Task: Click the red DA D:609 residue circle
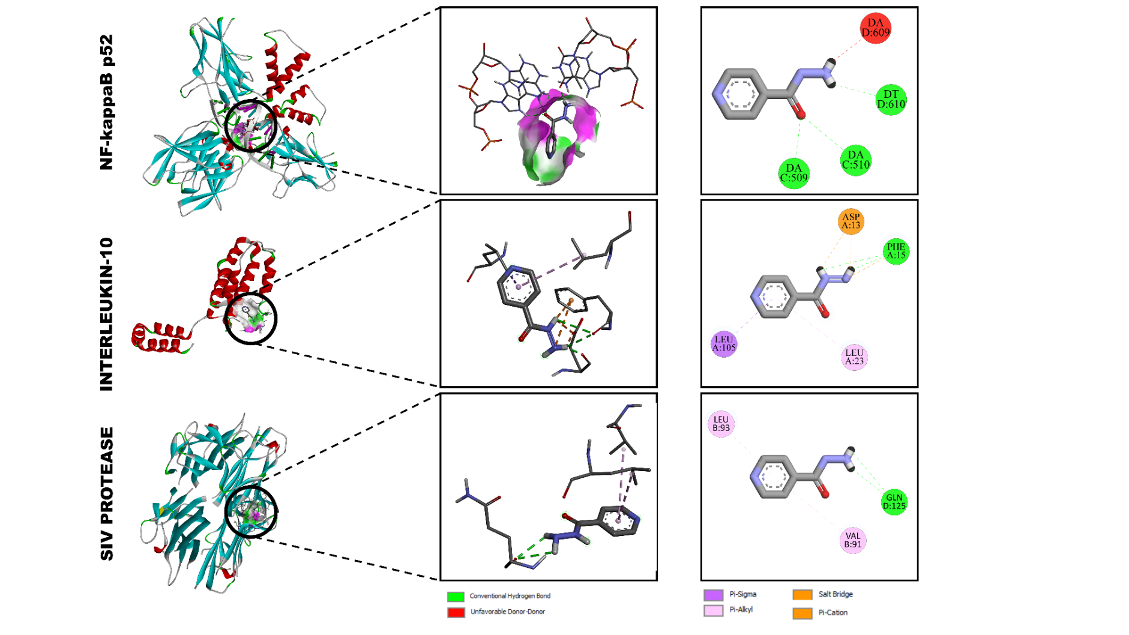(x=875, y=28)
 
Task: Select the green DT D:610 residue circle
(x=891, y=99)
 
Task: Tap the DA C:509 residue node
(x=793, y=173)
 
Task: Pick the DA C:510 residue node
(x=855, y=160)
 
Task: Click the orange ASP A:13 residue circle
(x=851, y=221)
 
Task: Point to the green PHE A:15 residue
(x=896, y=251)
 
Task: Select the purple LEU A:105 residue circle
(x=724, y=344)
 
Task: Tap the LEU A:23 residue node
(x=854, y=357)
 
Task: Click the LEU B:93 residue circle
(x=721, y=424)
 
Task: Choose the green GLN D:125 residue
(x=894, y=502)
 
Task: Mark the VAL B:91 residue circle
(x=852, y=540)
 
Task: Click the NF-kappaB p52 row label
(x=106, y=102)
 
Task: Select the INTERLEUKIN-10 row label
(x=106, y=314)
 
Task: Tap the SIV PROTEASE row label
(x=106, y=493)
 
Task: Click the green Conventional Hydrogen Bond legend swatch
(x=456, y=597)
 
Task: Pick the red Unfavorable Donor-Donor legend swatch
(x=456, y=612)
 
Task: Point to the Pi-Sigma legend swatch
(x=713, y=595)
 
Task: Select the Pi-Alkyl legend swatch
(x=713, y=610)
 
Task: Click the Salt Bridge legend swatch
(x=802, y=595)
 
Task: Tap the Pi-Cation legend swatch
(x=802, y=613)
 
